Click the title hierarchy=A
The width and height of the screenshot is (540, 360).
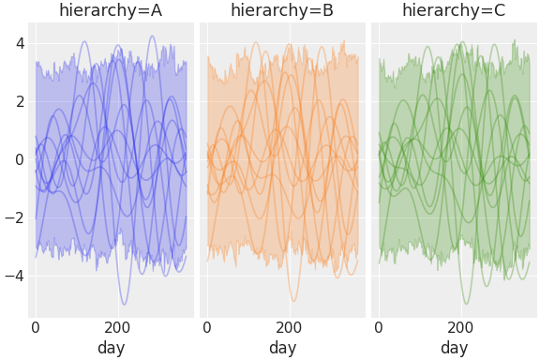coord(111,11)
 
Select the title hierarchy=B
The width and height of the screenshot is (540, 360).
coord(282,11)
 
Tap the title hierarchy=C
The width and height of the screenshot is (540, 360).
coord(454,11)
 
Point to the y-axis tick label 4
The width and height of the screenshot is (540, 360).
coord(18,42)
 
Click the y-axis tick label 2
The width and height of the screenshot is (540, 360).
coord(18,101)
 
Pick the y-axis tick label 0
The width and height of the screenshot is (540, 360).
coord(18,159)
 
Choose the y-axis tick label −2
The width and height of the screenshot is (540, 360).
coord(14,217)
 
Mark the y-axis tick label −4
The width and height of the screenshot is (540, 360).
coord(14,276)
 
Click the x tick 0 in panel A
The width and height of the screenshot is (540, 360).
coord(36,328)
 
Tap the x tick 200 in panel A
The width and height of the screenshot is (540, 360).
coord(117,328)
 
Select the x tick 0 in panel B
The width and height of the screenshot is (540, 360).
coord(207,328)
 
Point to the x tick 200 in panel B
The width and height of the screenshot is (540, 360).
coord(289,328)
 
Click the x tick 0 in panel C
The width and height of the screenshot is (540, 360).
coord(379,328)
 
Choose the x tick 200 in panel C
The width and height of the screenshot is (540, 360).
coord(460,328)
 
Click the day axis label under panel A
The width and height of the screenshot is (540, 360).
coord(111,348)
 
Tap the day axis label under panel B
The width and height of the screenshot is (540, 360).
coord(282,348)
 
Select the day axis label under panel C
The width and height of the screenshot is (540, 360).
coord(454,348)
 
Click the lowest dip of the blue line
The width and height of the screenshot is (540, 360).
coord(124,304)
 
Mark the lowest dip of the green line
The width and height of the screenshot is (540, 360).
coord(466,303)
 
